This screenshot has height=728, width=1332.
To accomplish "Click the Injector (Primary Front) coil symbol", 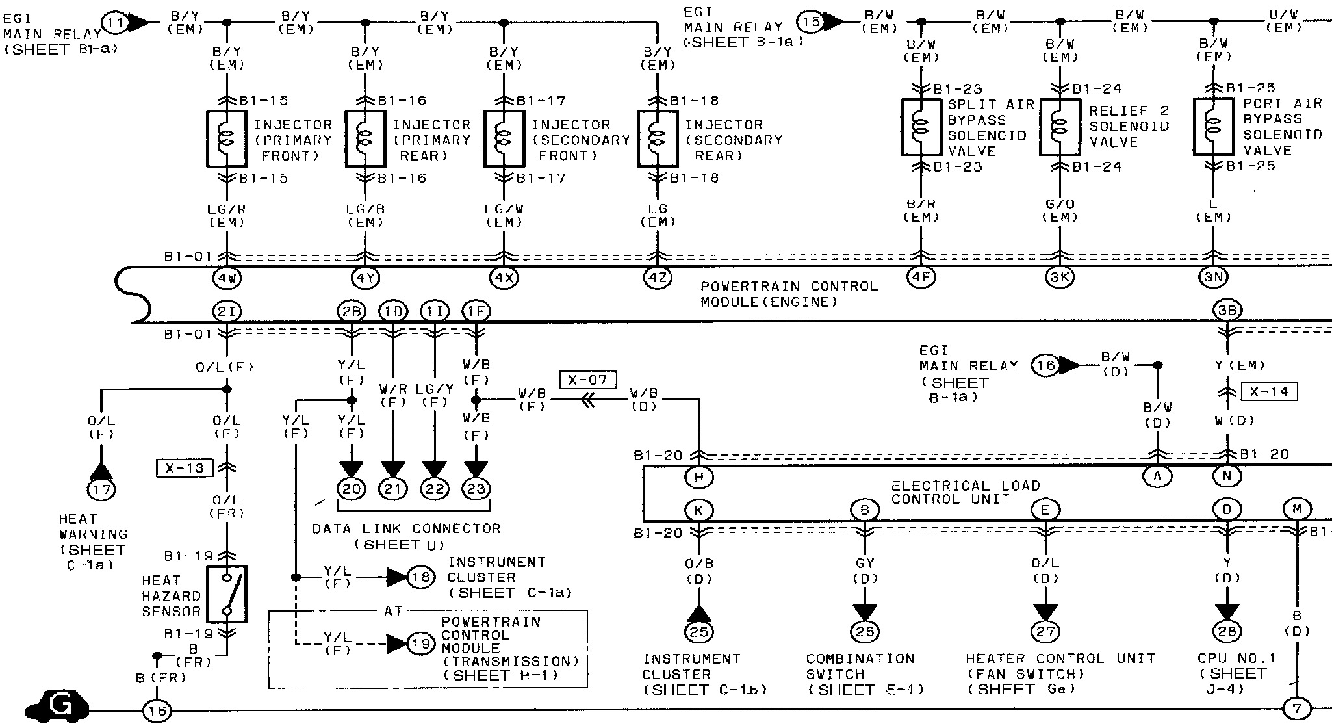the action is [226, 139].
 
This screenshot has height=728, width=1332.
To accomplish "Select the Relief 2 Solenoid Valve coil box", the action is [1060, 127].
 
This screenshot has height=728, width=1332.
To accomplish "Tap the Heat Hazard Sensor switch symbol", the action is [226, 594].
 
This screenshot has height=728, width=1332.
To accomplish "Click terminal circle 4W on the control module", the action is [226, 278].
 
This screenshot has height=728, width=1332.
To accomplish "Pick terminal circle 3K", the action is [1060, 278].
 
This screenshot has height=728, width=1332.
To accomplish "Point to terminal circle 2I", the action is [226, 312].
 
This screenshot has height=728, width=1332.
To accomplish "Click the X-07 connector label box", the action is [587, 380].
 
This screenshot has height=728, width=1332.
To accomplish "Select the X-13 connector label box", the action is [185, 467].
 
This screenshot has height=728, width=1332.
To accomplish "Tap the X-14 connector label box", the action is [1269, 393].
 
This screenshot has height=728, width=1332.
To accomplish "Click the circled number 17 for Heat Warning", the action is [101, 489].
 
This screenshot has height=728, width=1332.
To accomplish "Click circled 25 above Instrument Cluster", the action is [699, 631].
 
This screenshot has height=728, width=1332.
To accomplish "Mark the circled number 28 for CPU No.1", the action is [1227, 631].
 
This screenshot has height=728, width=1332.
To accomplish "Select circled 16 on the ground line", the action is [157, 711].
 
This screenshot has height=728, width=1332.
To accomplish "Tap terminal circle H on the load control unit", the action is [699, 478].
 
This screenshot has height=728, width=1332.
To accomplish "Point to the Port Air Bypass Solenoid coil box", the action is [1213, 126].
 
